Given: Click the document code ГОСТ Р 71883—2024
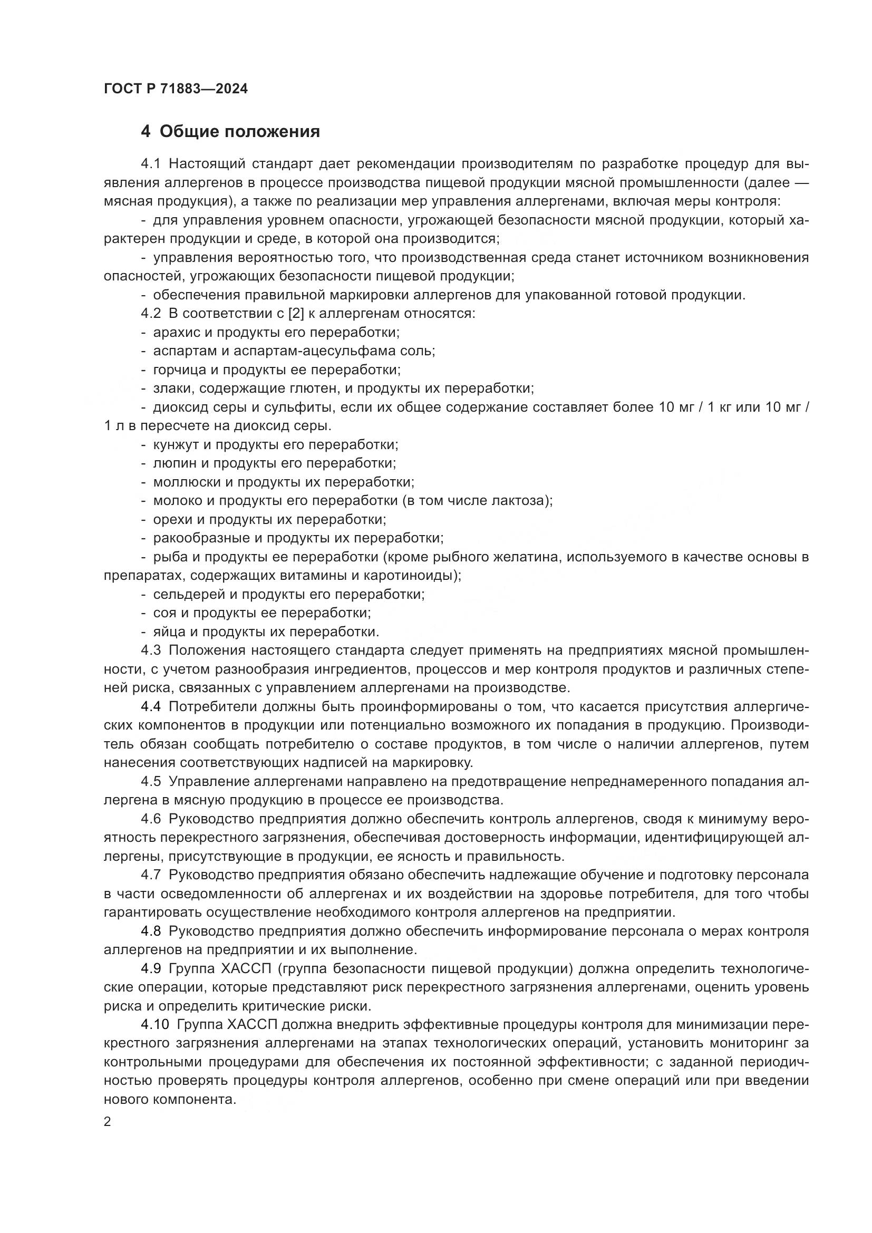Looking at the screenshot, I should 176,89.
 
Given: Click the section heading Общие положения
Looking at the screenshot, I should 239,131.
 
